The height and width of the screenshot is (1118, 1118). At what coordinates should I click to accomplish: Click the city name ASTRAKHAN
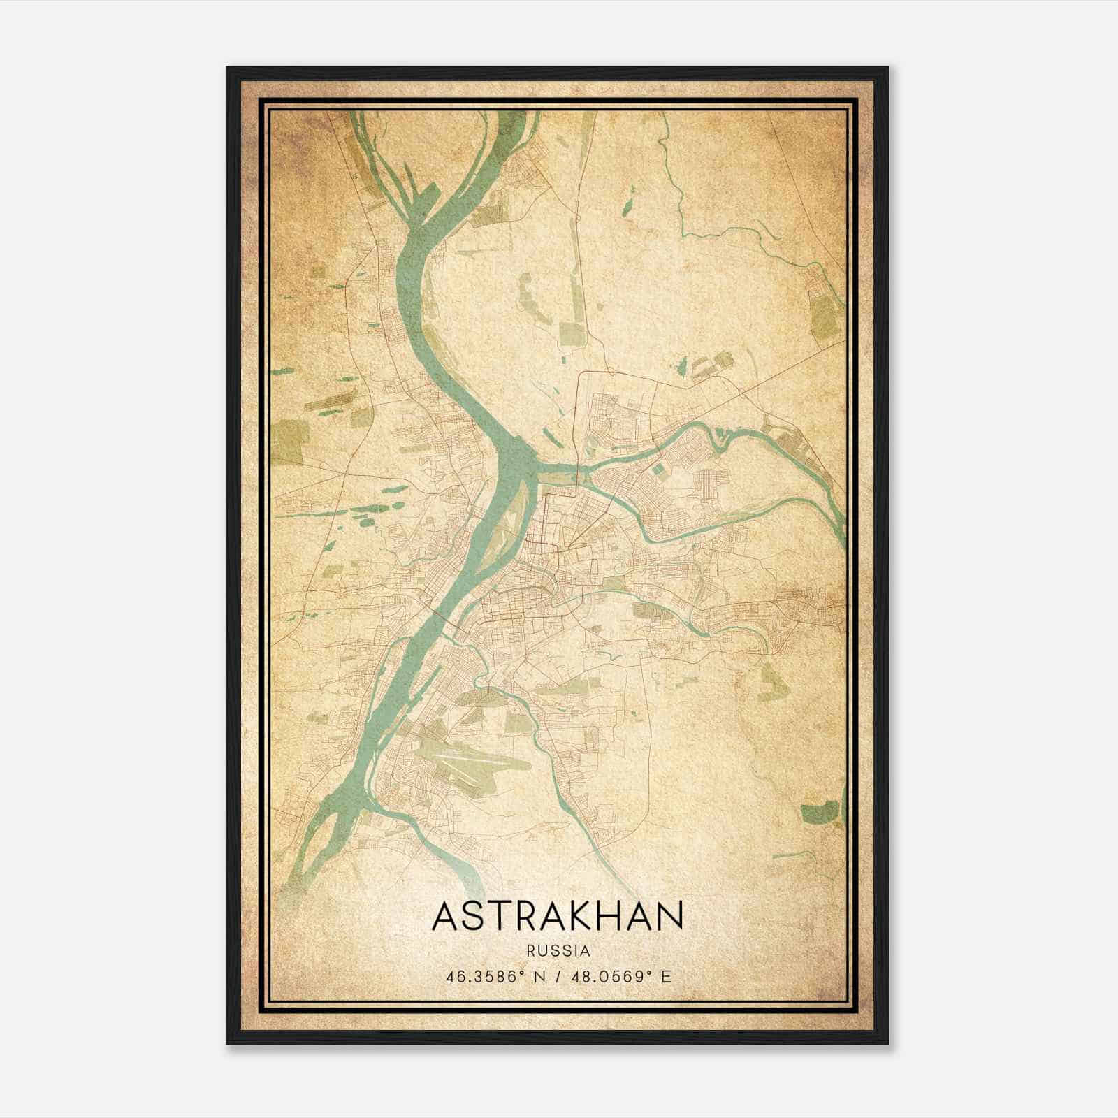(558, 916)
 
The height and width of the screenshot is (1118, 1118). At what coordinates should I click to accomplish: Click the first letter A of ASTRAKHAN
(446, 916)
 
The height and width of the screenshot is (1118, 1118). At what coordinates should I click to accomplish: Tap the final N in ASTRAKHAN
(669, 916)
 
